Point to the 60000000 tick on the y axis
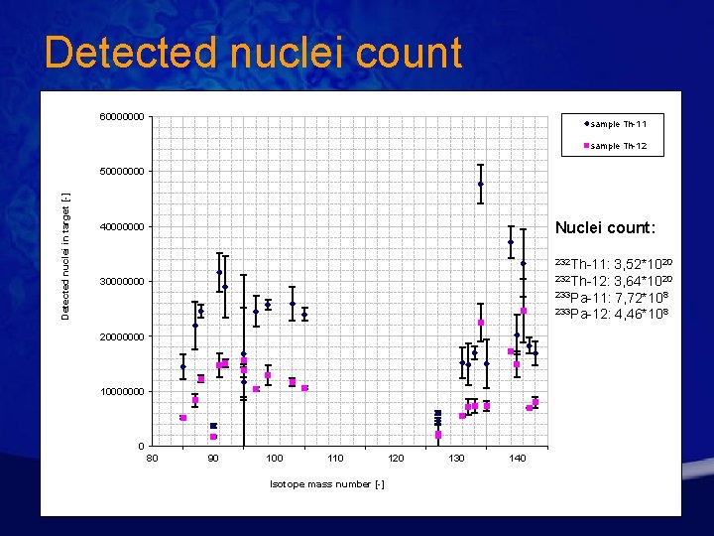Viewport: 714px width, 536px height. (x=124, y=117)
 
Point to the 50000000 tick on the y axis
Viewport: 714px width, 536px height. (x=124, y=172)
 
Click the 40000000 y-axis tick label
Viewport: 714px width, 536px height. (x=124, y=227)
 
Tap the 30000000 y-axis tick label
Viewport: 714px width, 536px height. (x=124, y=282)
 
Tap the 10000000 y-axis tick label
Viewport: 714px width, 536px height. (x=124, y=392)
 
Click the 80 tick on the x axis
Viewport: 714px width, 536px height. (x=152, y=458)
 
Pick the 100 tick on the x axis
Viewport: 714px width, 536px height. (x=275, y=458)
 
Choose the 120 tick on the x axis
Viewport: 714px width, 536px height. (x=397, y=458)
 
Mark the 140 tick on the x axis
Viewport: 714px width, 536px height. (x=518, y=458)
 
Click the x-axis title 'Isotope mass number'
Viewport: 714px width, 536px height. (x=326, y=484)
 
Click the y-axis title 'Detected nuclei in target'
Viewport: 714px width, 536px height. (x=65, y=255)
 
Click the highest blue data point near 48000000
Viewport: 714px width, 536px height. (x=480, y=184)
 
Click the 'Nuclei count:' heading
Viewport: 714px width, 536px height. (x=605, y=227)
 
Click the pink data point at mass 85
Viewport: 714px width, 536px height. (x=183, y=418)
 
